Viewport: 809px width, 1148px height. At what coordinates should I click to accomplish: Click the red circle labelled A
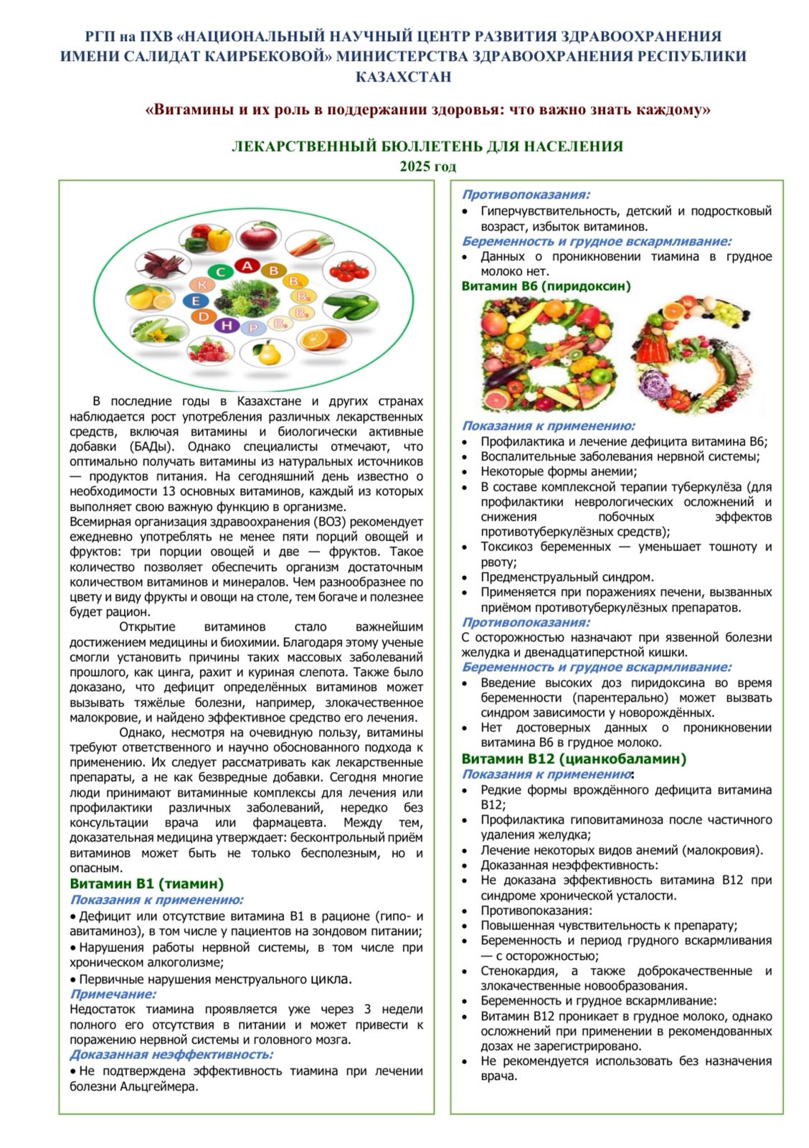coord(248,267)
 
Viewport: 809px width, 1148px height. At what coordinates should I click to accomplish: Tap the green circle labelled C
coord(222,272)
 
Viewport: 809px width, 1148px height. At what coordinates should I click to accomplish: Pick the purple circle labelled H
coord(228,325)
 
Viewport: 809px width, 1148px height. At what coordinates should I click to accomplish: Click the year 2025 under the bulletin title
coord(427,166)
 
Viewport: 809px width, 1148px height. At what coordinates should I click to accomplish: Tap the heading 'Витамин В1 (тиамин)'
coord(146,884)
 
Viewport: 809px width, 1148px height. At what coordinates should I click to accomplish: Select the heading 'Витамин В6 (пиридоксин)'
coord(546,286)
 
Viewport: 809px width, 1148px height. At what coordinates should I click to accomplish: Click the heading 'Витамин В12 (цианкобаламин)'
coord(574,758)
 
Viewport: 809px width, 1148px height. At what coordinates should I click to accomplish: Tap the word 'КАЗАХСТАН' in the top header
coord(404,77)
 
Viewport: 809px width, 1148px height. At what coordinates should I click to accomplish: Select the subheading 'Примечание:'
coord(113,994)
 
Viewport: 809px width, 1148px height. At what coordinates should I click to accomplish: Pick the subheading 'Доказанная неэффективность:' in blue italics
coord(171,1054)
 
